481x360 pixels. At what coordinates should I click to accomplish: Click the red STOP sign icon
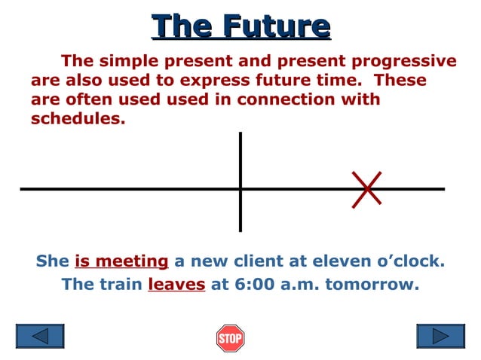(x=230, y=338)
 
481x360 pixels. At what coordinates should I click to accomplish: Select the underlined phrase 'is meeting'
(x=121, y=261)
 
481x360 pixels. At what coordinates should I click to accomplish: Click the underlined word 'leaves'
(x=176, y=285)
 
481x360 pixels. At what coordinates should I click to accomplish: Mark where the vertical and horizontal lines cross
(x=240, y=189)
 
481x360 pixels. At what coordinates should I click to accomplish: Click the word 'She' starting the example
(x=52, y=261)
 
